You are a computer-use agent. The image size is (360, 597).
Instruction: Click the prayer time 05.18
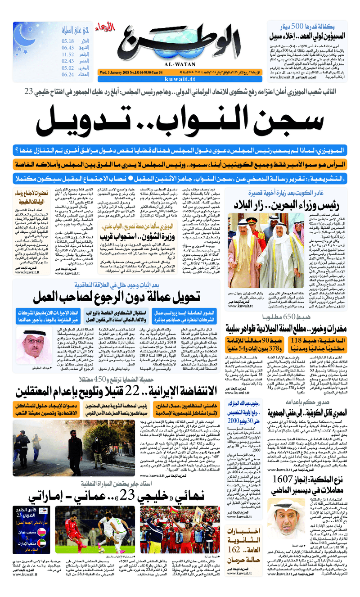pos(68,41)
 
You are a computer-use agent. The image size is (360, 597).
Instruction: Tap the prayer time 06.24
pos(68,75)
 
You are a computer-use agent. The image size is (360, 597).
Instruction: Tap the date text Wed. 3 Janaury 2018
pos(118,72)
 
